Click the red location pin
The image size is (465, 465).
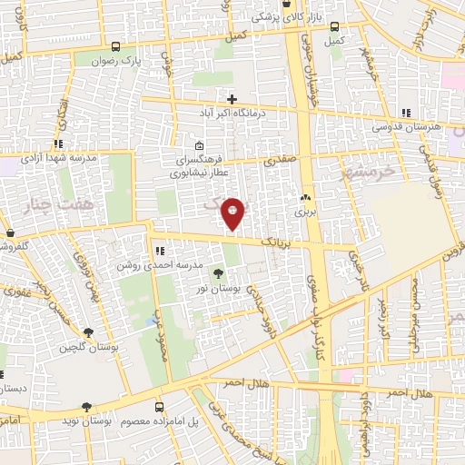pyautogui.click(x=233, y=213)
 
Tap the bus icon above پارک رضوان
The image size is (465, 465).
pyautogui.click(x=115, y=46)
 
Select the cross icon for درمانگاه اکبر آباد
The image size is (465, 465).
pyautogui.click(x=232, y=99)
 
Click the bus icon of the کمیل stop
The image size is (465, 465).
pyautogui.click(x=336, y=26)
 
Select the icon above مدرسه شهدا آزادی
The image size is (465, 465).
pyautogui.click(x=58, y=143)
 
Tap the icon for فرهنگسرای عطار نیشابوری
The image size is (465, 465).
pyautogui.click(x=199, y=145)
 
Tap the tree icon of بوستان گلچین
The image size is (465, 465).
pyautogui.click(x=87, y=333)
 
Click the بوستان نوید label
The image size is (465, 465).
pyautogui.click(x=114, y=423)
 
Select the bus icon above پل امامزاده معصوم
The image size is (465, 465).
pyautogui.click(x=159, y=408)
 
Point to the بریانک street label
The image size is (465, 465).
pyautogui.click(x=278, y=243)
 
